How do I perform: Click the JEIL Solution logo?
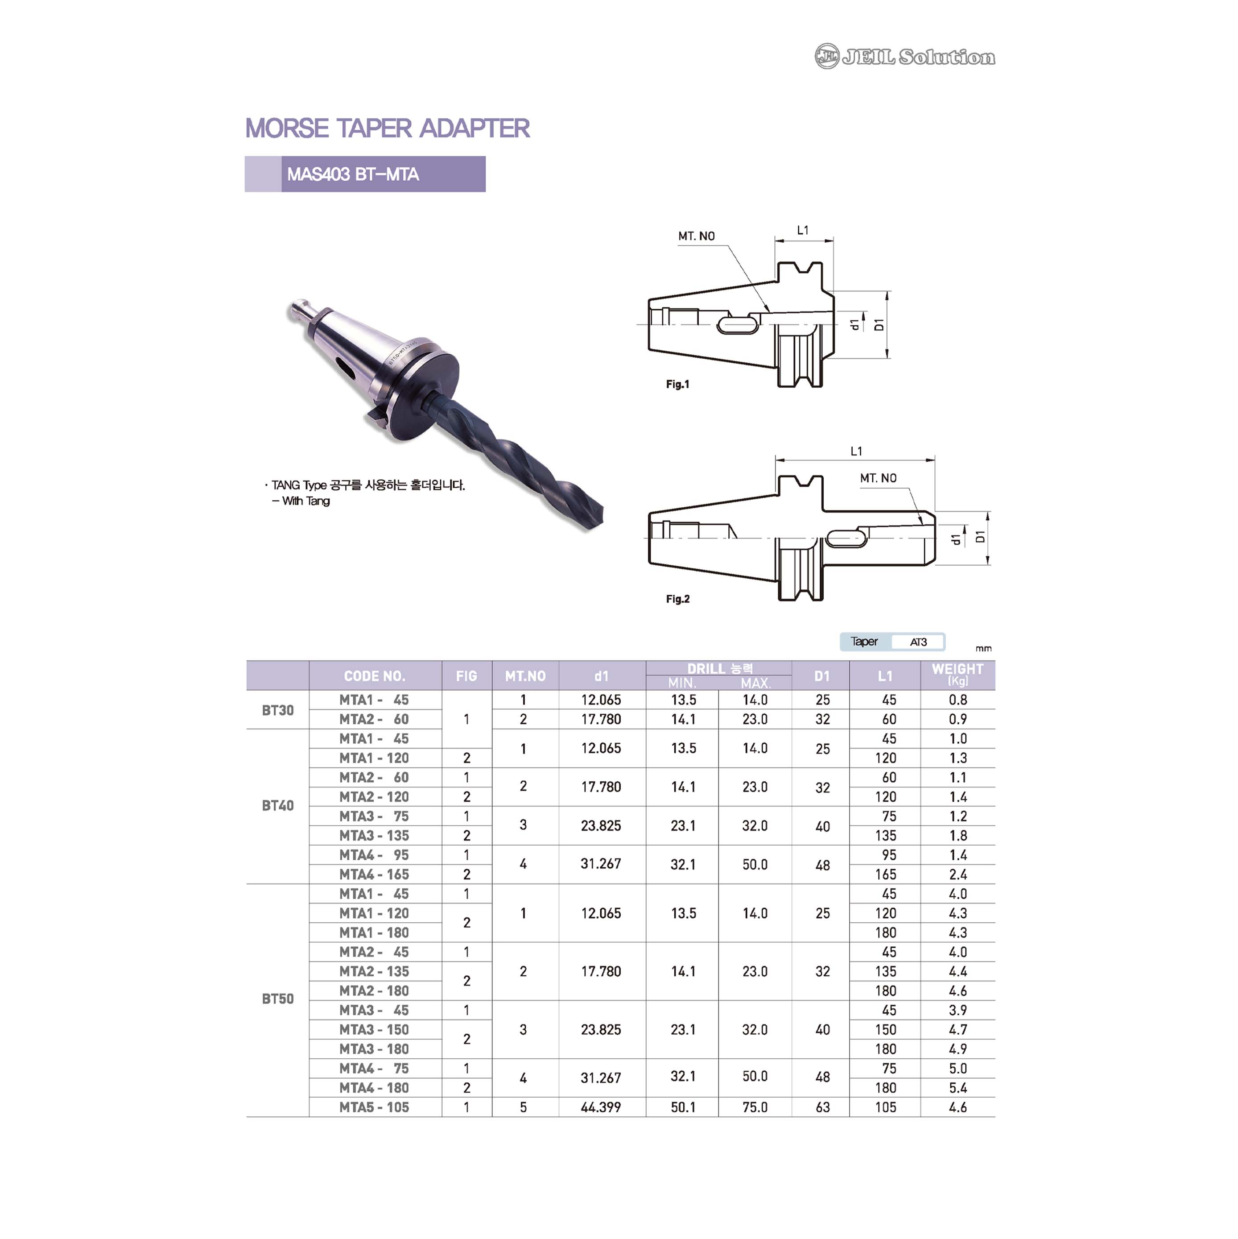[904, 56]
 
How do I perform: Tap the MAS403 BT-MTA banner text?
[353, 174]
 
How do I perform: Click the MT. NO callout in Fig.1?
[696, 236]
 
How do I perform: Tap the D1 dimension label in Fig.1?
[879, 324]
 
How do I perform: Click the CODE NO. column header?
[375, 676]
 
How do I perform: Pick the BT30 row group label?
[277, 710]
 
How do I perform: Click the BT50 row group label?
[277, 998]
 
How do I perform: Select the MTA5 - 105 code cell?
[375, 1107]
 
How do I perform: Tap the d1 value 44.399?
[601, 1107]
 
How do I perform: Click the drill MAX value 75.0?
[755, 1107]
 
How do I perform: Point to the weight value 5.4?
[958, 1088]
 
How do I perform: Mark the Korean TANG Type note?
[365, 485]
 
